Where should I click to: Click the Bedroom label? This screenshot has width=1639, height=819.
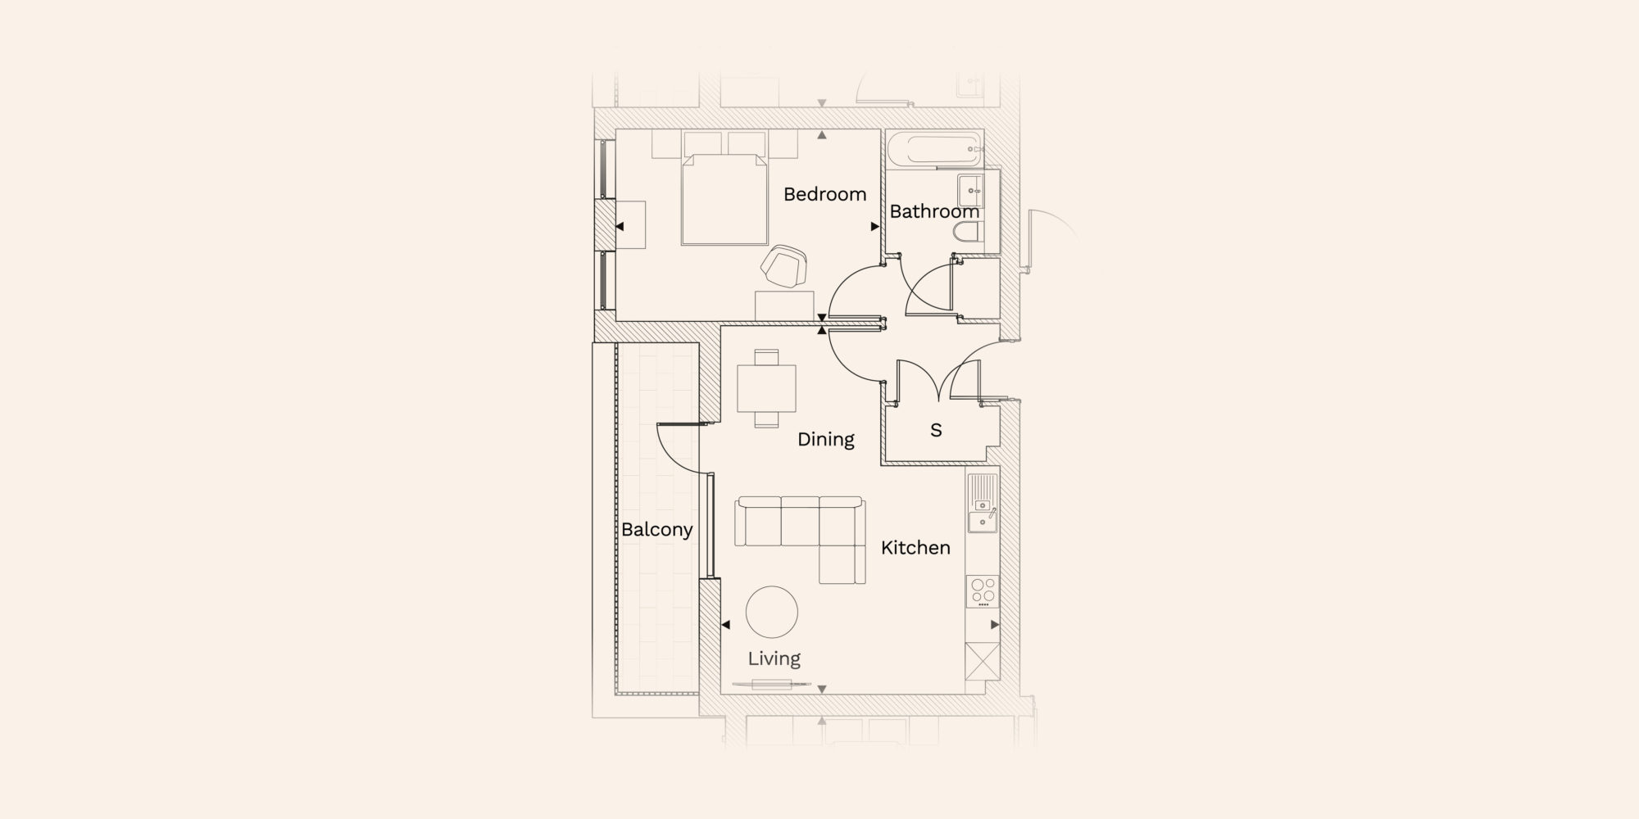[824, 194]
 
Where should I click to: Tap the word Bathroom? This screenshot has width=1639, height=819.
[934, 211]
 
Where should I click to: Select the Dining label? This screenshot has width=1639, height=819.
[826, 440]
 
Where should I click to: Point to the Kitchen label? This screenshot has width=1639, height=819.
[915, 547]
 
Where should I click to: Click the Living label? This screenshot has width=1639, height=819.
[774, 658]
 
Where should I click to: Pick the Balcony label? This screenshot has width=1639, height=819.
[657, 530]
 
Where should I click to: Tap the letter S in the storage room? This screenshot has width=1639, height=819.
[936, 430]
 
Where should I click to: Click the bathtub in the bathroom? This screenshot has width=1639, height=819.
[934, 150]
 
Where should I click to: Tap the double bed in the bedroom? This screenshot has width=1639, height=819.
[725, 200]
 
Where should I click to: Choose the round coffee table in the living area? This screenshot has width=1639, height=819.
[772, 612]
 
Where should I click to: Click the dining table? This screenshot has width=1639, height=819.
[767, 388]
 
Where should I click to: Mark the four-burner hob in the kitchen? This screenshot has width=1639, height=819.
[983, 590]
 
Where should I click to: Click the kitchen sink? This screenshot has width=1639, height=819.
[983, 504]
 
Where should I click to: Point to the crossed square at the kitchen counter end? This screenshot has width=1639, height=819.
[983, 661]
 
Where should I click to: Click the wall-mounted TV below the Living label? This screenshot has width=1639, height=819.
[771, 684]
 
